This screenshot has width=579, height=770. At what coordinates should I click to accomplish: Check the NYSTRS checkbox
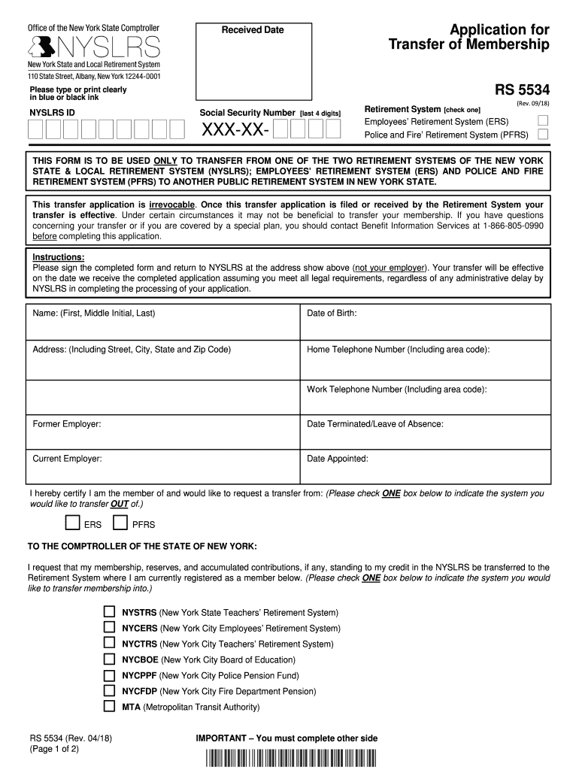coord(109,612)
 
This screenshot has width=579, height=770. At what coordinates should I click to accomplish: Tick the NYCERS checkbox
coord(109,628)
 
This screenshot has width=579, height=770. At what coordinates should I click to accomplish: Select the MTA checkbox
coord(109,706)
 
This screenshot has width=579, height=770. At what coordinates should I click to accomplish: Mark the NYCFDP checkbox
coord(109,690)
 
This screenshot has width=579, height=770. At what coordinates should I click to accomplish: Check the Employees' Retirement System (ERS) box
coord(543,120)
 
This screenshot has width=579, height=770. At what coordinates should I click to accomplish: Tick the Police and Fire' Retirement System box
coord(543,135)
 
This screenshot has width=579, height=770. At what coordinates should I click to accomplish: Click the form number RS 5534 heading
coord(522,91)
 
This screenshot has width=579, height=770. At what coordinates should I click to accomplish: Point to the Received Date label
coord(253,30)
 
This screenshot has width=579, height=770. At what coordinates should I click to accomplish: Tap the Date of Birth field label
coord(332,313)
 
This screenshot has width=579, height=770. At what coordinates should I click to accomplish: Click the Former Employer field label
coord(67,424)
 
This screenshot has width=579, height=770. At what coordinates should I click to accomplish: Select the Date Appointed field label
coord(338,458)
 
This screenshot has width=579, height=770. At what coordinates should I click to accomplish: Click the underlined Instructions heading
coord(59,257)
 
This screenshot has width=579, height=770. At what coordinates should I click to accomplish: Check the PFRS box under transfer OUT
coord(120,523)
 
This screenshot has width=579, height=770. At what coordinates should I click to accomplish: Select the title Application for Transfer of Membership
coord(469,38)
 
